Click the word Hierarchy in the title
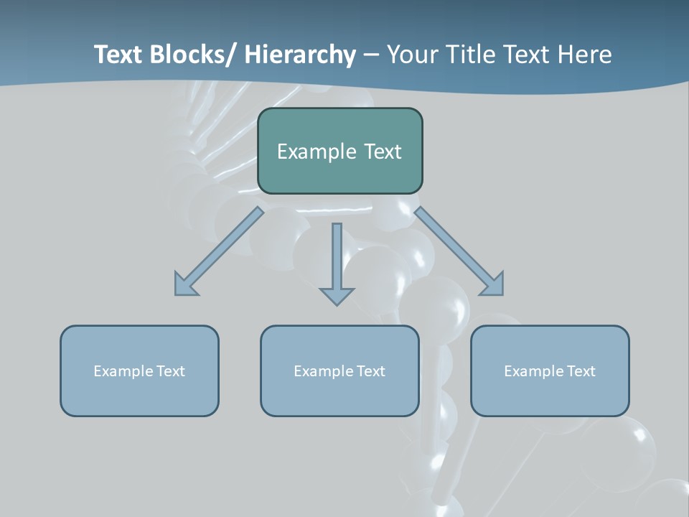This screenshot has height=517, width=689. (300, 55)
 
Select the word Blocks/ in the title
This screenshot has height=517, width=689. (189, 55)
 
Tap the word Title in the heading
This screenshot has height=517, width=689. (467, 55)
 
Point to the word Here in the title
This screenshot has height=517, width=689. (586, 55)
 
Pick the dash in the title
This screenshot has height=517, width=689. (371, 55)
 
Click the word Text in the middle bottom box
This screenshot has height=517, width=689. (369, 371)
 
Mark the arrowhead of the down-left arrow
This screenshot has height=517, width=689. (184, 286)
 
